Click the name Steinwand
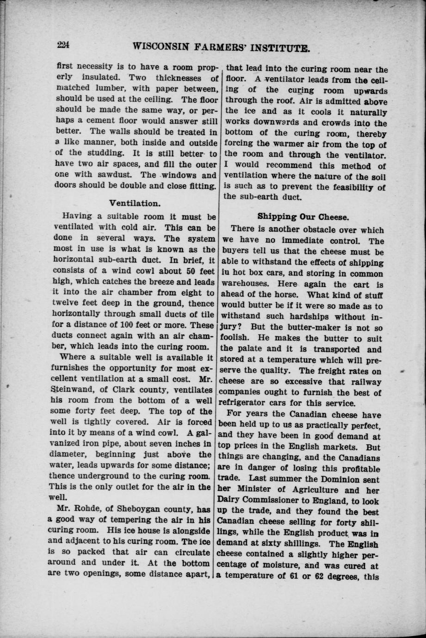(75, 390)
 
